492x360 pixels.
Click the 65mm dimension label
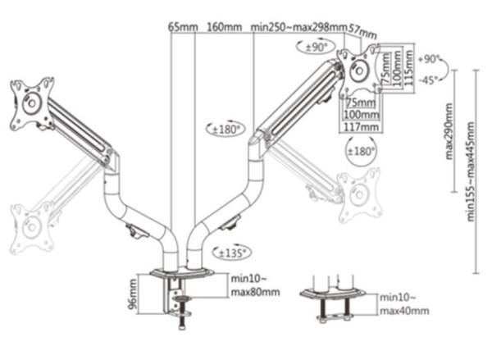[x=183, y=27]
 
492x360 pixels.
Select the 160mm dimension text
[x=224, y=27]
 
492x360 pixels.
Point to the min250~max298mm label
[x=298, y=27]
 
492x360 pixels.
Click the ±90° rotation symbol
[x=316, y=48]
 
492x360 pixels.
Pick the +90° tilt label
[x=429, y=60]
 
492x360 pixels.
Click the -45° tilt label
[x=428, y=80]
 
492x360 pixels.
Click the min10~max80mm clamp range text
[x=255, y=285]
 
